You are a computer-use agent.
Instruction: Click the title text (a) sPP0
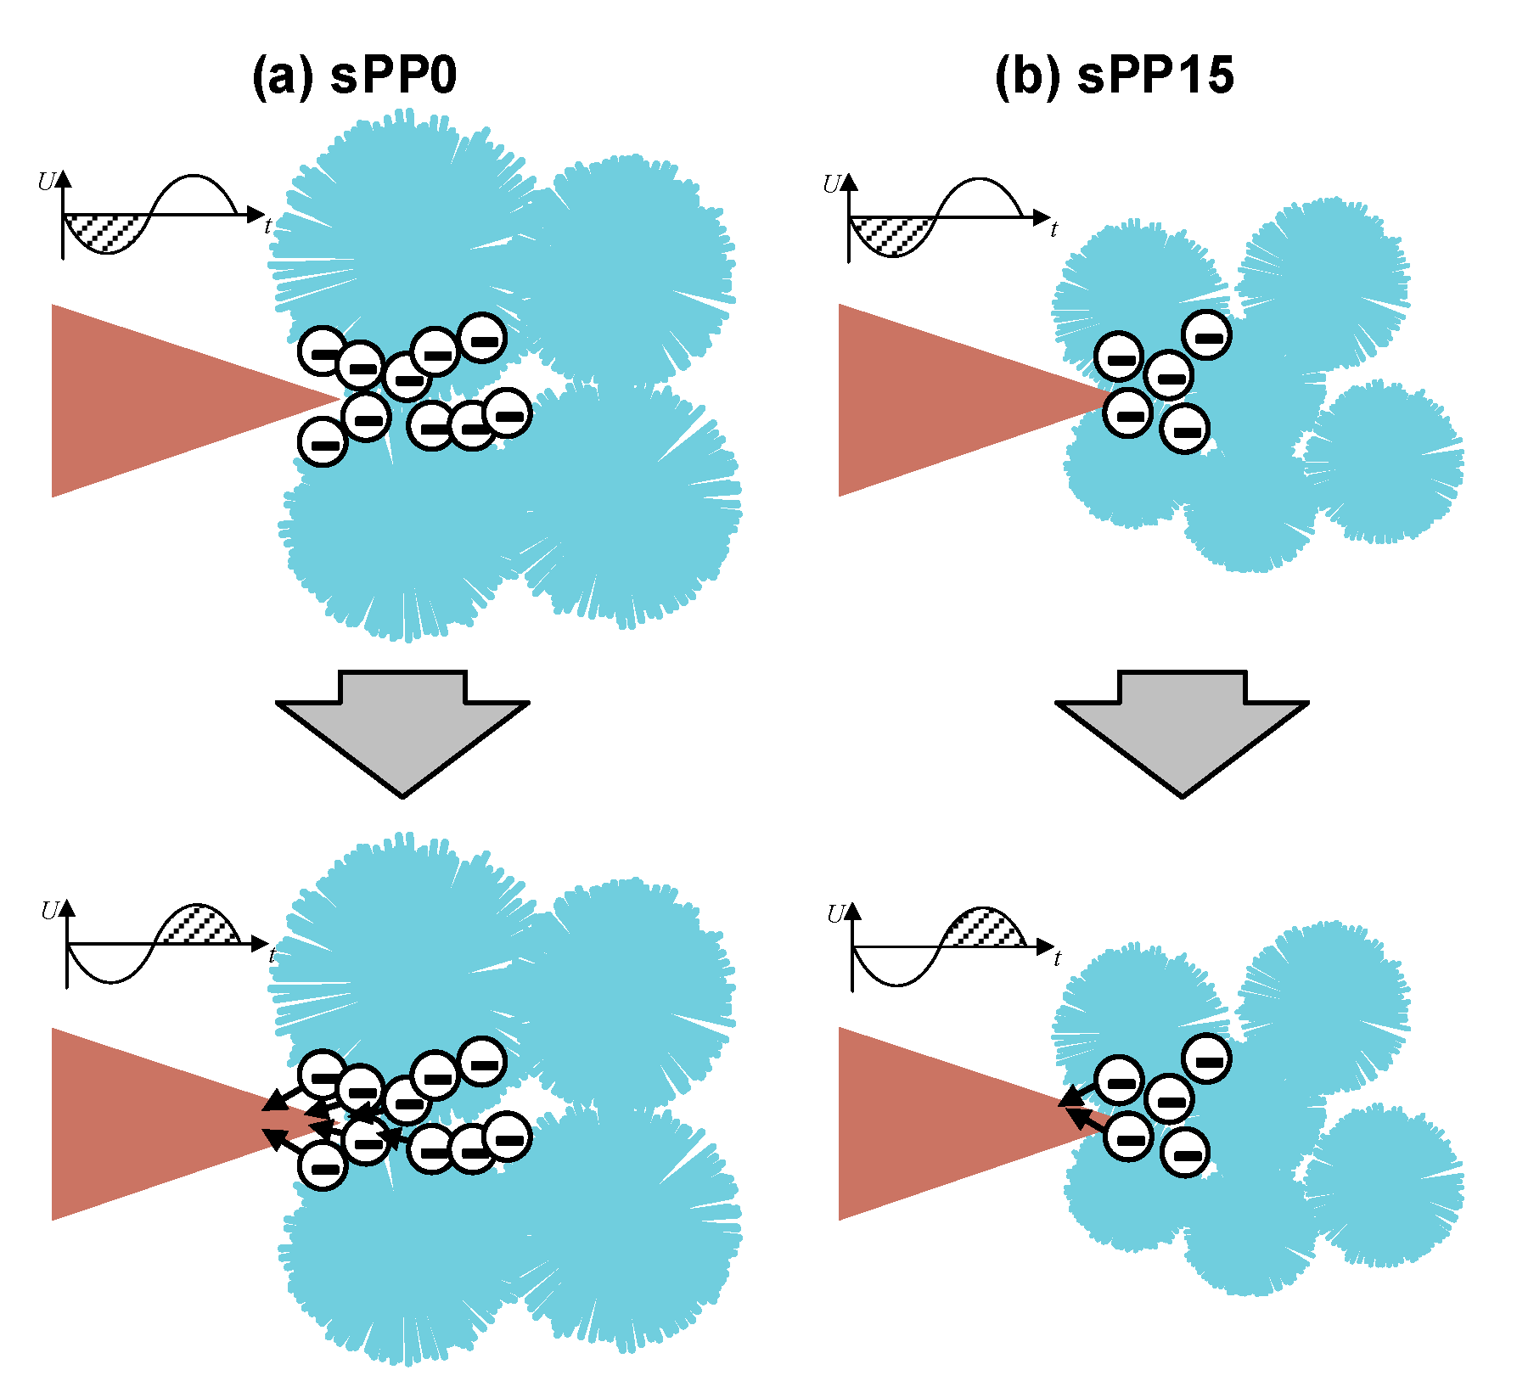coord(354,76)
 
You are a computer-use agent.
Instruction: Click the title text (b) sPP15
coord(1114,76)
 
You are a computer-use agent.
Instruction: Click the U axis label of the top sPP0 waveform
coord(47,181)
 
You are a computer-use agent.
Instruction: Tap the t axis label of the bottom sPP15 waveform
coord(1057,959)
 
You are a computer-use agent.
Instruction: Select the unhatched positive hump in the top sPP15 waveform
coord(979,197)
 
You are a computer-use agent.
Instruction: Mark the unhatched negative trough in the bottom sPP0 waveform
coord(110,965)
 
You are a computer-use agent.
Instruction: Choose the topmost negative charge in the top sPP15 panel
coord(1207,335)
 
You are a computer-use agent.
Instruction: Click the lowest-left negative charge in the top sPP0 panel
coord(323,442)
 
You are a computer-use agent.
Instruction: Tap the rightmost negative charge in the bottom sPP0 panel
coord(508,1136)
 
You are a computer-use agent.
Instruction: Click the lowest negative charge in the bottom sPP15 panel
coord(1185,1153)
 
